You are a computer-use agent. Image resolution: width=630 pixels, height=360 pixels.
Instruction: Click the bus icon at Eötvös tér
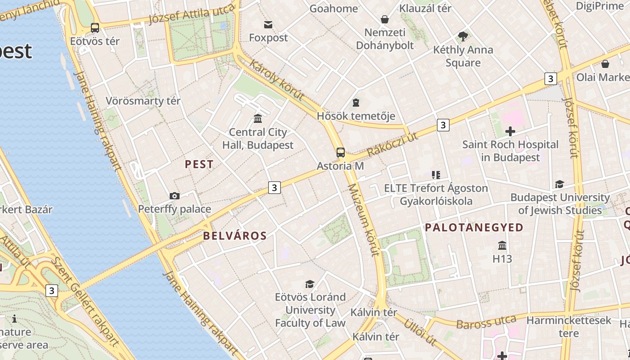pos(95,28)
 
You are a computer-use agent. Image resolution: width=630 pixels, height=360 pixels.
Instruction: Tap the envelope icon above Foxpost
pos(268,24)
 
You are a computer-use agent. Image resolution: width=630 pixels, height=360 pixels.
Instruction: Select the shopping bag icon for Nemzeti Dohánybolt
pos(385,19)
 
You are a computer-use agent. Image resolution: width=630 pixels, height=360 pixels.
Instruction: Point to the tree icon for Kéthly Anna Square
pos(463,36)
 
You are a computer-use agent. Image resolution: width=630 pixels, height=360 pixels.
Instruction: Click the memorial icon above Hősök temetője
pos(356,103)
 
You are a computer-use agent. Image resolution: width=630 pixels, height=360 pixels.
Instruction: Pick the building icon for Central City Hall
pos(258,119)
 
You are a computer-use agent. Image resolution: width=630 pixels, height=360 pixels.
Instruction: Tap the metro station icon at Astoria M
pos(341,153)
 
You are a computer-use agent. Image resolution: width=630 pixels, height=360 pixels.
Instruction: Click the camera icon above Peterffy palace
pos(175,196)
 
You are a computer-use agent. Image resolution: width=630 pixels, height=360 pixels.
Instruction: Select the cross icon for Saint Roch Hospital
pos(510,131)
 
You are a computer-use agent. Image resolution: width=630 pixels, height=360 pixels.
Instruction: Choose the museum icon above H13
pos(502,246)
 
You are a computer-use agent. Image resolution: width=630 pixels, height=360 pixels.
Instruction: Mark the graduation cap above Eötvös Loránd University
pos(310,284)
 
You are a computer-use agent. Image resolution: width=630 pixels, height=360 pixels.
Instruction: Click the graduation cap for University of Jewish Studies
pos(559,184)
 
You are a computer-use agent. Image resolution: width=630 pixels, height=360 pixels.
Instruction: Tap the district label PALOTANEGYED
pos(474,228)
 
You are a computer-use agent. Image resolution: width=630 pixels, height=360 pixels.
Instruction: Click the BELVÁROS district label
pos(234,236)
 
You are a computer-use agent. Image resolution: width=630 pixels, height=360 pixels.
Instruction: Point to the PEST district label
pos(199,165)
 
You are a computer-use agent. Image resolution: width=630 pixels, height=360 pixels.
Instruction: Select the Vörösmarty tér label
pos(143,101)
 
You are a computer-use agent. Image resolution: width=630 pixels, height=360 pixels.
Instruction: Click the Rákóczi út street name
pos(392,144)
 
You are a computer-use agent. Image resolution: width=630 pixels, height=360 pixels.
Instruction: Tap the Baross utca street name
pos(486,322)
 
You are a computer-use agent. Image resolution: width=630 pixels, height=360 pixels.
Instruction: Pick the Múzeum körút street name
pos(364,220)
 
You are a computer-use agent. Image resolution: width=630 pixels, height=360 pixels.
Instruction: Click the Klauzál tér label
pos(425,8)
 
